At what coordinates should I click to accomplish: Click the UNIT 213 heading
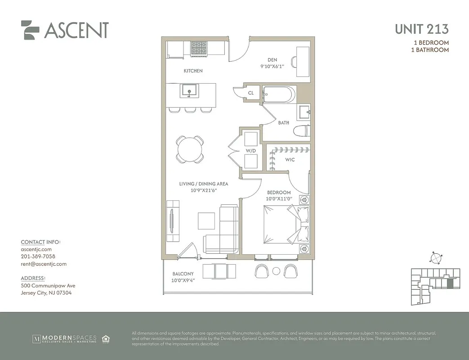pos(421,29)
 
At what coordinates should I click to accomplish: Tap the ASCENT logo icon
pos(31,30)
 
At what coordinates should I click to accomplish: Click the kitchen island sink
pos(189,90)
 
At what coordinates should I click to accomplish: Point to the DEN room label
pos(272,60)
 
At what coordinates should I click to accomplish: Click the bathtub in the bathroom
pos(279,94)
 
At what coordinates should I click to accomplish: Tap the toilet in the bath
pos(301,131)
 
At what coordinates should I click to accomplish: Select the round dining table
pos(190,148)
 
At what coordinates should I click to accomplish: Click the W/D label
pos(250,150)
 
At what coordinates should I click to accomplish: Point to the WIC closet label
pos(290,160)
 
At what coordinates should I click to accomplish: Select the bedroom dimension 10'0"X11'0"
pos(279,199)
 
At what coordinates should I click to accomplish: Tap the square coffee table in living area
pos(206,220)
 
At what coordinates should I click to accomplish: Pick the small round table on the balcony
pos(276,271)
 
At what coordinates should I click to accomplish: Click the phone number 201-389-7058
pos(38,256)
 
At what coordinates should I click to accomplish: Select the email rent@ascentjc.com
pos(44,264)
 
